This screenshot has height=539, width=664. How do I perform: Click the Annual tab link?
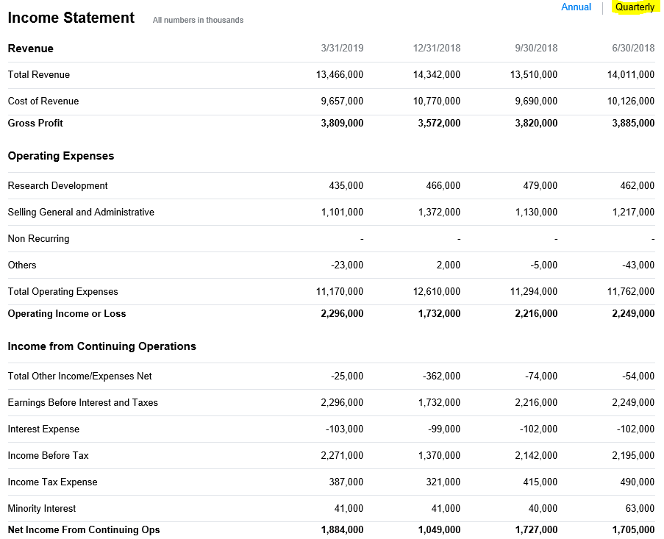(576, 7)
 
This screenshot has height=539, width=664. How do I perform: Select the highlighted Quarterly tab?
(635, 7)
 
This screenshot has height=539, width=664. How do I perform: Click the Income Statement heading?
(71, 18)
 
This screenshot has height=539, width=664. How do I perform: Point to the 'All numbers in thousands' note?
(198, 20)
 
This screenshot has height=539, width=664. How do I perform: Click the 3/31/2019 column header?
(342, 49)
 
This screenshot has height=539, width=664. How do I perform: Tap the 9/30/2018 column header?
(536, 49)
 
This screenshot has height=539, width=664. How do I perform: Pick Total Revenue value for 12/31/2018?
(437, 75)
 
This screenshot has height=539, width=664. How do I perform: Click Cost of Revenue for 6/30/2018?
(631, 101)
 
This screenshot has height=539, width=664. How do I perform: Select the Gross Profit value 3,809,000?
(342, 124)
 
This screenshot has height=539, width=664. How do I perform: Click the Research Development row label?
(57, 186)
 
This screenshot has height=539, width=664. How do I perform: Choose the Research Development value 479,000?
(540, 186)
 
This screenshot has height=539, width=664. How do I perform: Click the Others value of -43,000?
(637, 265)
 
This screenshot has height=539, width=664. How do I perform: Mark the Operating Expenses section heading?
(61, 156)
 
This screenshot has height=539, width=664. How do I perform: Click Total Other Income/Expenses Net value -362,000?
(442, 376)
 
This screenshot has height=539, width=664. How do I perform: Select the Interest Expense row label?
(43, 429)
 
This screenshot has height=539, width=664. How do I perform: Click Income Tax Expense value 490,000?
(637, 482)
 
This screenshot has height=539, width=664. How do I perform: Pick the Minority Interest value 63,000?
(640, 509)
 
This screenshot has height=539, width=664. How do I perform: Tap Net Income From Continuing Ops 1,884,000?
(342, 530)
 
